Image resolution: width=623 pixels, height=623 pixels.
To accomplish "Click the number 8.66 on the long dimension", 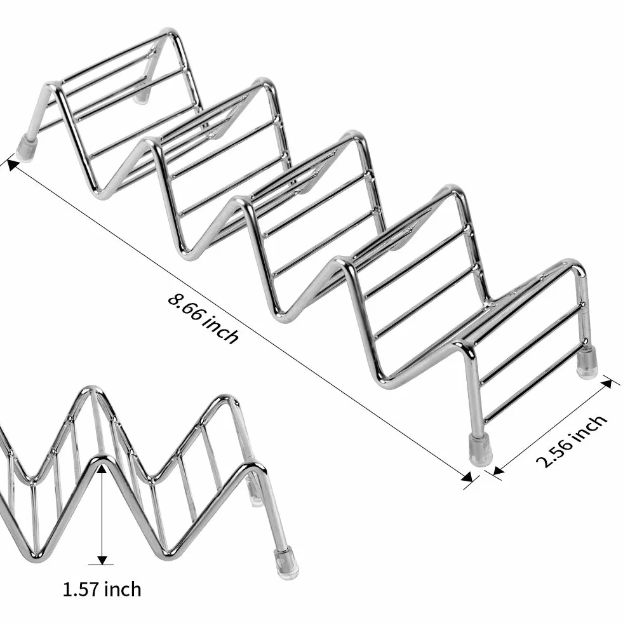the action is pos(186,306).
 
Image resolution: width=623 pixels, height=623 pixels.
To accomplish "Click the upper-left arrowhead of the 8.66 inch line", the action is pos(13,165).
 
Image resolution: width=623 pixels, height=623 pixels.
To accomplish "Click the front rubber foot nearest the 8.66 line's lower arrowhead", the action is pos(480,448).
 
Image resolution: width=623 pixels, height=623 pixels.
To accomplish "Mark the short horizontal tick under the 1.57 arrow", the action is pos(101,565).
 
